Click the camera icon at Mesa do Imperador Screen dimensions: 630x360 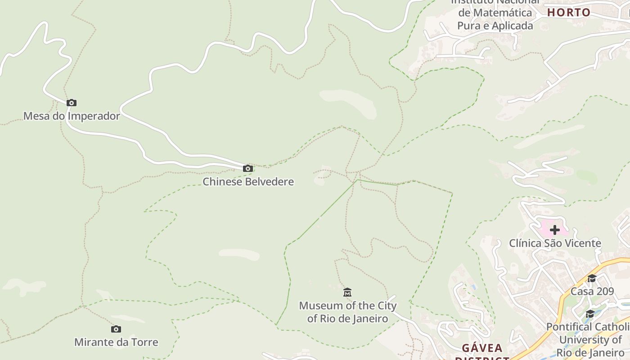click(71, 103)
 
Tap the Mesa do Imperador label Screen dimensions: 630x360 click(72, 116)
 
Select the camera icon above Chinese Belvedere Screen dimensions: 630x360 click(247, 169)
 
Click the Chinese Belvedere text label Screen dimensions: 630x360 click(248, 182)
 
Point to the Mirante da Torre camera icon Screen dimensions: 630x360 click(116, 329)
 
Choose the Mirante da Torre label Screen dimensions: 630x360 click(116, 342)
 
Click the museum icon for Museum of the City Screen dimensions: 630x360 click(347, 293)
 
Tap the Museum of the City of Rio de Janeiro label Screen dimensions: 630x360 click(347, 312)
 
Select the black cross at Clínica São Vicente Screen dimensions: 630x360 click(555, 230)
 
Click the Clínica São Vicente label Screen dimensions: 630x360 click(555, 243)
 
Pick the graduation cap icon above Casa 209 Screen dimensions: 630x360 click(592, 279)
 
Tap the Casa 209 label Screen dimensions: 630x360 click(592, 291)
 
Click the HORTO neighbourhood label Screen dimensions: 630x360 click(569, 13)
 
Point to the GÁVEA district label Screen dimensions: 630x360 click(482, 348)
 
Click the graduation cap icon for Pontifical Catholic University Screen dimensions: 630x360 click(589, 314)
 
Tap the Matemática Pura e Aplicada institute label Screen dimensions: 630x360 click(495, 19)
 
